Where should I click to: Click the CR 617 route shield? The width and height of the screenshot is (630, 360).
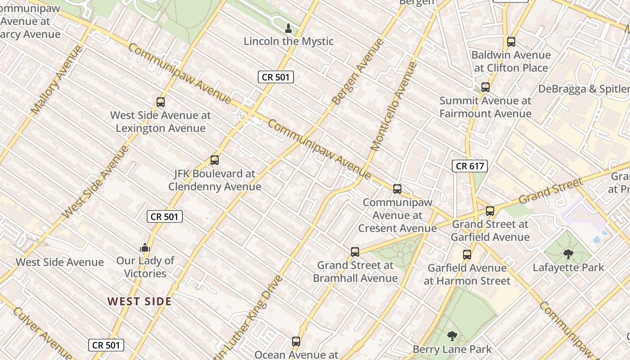point(470,166)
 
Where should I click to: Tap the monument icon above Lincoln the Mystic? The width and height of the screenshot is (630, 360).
point(288,29)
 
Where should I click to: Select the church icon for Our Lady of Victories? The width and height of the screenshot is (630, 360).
point(144,247)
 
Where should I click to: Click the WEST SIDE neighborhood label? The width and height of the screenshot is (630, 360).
point(139,301)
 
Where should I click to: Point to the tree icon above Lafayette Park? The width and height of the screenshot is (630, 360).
point(568,254)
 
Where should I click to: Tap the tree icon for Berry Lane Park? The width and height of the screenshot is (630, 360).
point(452,336)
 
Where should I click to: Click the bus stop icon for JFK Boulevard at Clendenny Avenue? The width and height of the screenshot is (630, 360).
point(215,160)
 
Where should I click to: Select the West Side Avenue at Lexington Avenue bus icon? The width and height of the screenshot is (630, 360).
point(161,102)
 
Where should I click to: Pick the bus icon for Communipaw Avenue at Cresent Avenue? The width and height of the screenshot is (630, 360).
point(397,189)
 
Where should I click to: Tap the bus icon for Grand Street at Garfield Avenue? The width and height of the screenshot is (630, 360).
point(490,211)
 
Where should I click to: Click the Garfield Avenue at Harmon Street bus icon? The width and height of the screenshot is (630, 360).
point(467,255)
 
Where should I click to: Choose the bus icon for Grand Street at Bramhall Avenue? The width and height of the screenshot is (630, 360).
point(355,252)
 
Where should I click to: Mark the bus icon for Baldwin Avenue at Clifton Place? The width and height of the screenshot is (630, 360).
point(511,42)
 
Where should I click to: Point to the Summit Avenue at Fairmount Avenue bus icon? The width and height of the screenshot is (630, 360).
point(485,87)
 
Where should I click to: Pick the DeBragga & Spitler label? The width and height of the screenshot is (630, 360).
point(584,89)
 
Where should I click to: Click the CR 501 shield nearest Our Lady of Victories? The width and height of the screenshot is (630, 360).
point(165,216)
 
